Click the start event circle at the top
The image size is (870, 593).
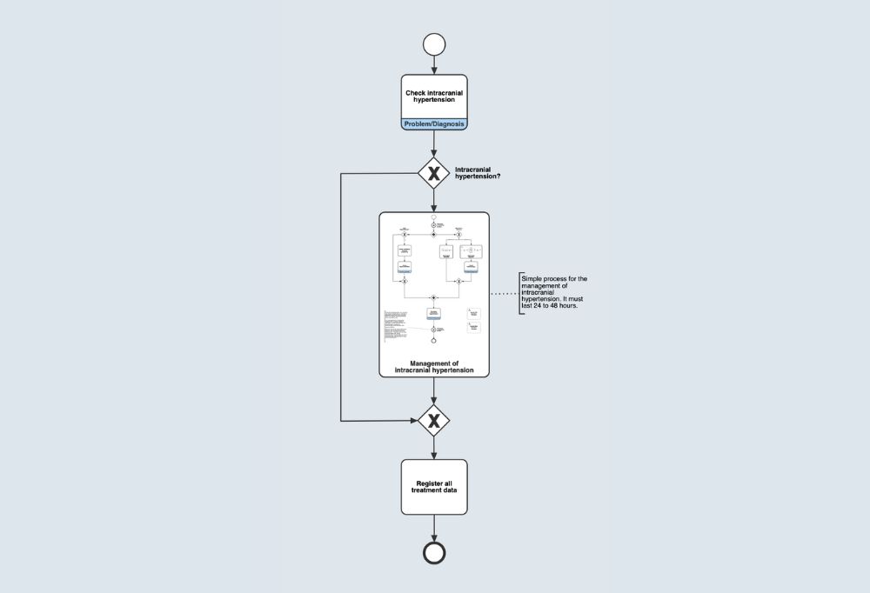[433, 45]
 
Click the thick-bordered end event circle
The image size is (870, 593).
[433, 552]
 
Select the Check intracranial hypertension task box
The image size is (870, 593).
[434, 96]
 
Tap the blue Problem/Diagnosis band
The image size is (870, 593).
[434, 124]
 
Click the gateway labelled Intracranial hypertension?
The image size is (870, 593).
[433, 172]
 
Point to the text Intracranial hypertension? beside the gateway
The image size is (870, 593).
[478, 172]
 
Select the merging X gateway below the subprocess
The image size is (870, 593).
[433, 421]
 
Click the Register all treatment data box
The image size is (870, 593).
[434, 487]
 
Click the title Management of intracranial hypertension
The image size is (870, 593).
[434, 366]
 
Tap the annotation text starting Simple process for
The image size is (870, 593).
[554, 292]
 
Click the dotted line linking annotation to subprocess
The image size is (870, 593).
[504, 294]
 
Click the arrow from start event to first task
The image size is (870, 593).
[433, 66]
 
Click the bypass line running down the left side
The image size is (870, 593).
[340, 296]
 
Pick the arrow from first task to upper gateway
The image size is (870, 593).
[433, 143]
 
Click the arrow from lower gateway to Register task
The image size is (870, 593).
[433, 448]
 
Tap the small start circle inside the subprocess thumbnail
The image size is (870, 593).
[433, 217]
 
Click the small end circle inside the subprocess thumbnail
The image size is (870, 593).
[433, 341]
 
